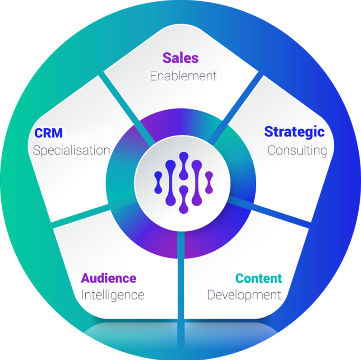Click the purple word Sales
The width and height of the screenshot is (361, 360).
[180, 58]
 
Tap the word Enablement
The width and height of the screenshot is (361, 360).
[183, 75]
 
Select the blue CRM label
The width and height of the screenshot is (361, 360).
[48, 133]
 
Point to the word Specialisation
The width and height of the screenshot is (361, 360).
[71, 150]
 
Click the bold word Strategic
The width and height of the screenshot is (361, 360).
[294, 131]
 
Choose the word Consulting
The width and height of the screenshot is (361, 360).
[297, 150]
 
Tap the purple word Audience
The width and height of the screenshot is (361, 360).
[108, 278]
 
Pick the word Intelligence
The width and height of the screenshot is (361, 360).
[112, 295]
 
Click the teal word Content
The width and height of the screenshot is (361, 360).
[259, 278]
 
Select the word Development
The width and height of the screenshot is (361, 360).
[244, 295]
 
